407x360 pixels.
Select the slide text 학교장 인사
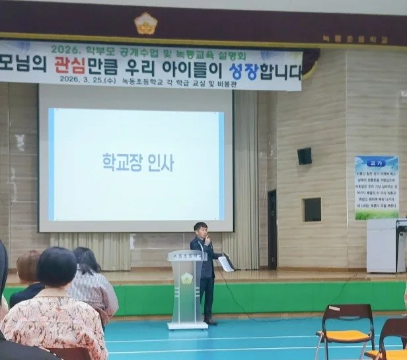(x=137, y=162)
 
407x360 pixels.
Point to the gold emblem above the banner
(x=145, y=24)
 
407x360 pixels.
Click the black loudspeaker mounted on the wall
(x=304, y=156)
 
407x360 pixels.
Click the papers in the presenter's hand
(x=225, y=263)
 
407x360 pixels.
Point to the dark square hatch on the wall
(x=312, y=209)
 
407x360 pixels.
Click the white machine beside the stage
(x=385, y=245)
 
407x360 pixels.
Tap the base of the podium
(x=187, y=325)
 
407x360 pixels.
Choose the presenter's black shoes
(x=210, y=322)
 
